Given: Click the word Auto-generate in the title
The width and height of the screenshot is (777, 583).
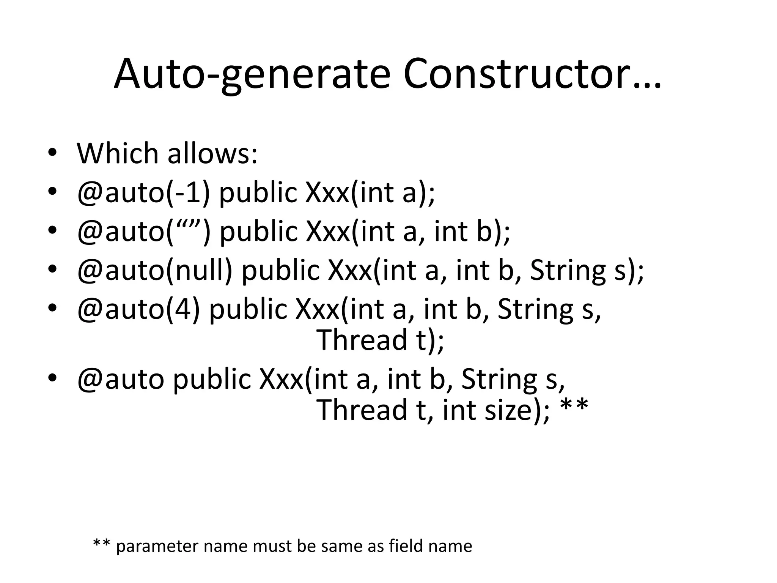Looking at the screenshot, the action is tap(252, 75).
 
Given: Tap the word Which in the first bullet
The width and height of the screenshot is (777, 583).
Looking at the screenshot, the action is tap(118, 153).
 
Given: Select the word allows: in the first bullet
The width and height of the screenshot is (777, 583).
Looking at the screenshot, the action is tap(212, 153).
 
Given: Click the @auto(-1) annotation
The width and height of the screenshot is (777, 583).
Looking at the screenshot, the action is tap(143, 192).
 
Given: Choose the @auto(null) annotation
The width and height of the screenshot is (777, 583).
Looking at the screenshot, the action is tap(154, 270).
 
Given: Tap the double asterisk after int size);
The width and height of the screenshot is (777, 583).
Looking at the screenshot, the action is tap(574, 406).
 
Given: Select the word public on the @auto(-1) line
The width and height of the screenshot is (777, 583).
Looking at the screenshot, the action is tap(258, 192).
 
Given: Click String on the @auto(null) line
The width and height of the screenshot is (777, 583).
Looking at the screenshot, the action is tap(568, 271).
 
